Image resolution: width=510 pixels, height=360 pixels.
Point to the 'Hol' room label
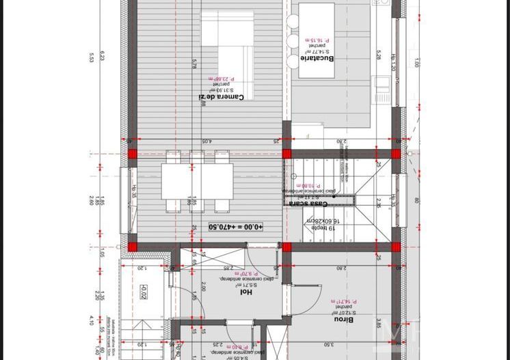245,292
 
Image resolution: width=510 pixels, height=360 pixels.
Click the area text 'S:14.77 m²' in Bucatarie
317,51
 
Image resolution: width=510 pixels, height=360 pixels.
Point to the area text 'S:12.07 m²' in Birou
344,311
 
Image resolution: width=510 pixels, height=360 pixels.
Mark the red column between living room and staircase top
286,154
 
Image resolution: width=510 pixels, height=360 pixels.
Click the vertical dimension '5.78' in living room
195,63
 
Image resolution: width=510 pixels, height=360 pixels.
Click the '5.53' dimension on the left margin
91,58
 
